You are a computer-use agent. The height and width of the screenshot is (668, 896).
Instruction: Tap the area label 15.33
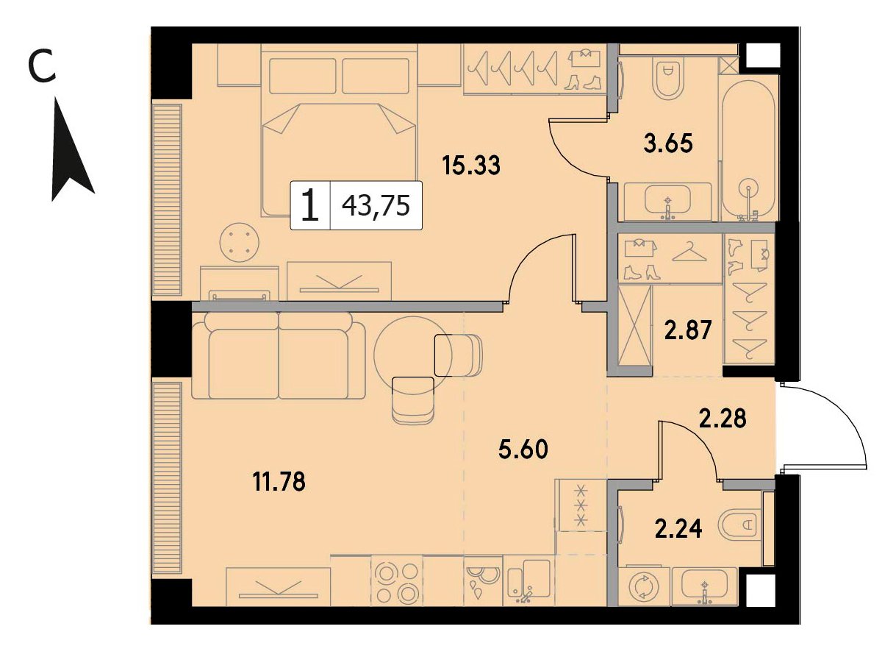pyautogui.click(x=471, y=165)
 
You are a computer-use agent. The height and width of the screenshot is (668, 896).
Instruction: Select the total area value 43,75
pyautogui.click(x=376, y=205)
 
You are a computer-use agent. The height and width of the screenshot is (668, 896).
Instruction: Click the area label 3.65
pyautogui.click(x=668, y=143)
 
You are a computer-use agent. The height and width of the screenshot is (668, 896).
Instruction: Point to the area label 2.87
pyautogui.click(x=688, y=330)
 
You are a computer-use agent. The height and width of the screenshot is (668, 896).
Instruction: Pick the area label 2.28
pyautogui.click(x=723, y=418)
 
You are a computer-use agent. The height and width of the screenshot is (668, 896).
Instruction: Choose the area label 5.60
pyautogui.click(x=523, y=450)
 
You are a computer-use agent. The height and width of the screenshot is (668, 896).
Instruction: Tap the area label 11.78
pyautogui.click(x=279, y=482)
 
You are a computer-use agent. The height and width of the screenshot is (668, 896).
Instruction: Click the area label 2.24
pyautogui.click(x=678, y=528)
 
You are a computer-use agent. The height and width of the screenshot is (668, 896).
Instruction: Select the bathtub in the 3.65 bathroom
pyautogui.click(x=748, y=150)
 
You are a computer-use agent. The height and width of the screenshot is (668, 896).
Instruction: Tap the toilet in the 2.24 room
pyautogui.click(x=739, y=525)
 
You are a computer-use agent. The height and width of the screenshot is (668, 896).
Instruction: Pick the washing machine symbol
pyautogui.click(x=644, y=586)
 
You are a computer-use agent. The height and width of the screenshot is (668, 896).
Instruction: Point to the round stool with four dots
pyautogui.click(x=239, y=243)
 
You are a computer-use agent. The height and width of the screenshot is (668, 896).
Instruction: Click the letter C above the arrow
pyautogui.click(x=41, y=65)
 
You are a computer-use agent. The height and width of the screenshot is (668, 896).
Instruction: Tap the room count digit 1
pyautogui.click(x=310, y=205)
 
